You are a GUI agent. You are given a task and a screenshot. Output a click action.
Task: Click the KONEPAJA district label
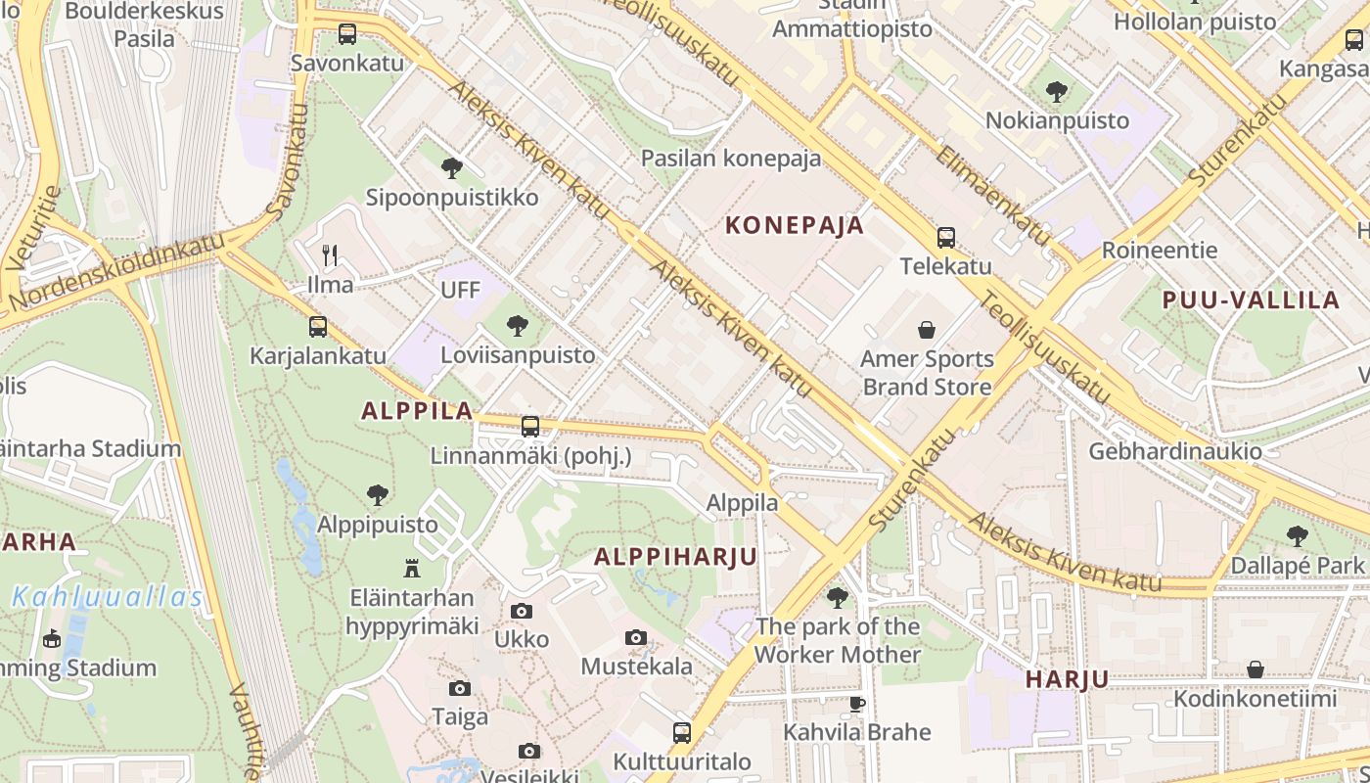click(795, 225)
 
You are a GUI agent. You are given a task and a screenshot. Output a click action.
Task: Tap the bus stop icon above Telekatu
click(945, 238)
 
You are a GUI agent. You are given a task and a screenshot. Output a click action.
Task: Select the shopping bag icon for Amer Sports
click(926, 331)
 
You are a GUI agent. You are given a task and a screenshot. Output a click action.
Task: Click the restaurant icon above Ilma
click(330, 255)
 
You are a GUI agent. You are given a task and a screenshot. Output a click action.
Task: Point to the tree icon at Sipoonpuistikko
click(451, 168)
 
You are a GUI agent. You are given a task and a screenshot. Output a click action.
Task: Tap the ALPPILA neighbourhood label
click(417, 411)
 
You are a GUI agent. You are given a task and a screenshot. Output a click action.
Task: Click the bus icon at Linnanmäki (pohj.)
click(529, 427)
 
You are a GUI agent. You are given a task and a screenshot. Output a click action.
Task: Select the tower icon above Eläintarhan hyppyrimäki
click(411, 568)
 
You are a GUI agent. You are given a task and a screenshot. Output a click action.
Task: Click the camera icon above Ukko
click(522, 612)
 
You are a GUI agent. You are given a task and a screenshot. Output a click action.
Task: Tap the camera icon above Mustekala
click(636, 638)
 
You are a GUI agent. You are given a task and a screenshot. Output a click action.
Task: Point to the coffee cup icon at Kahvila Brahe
click(857, 704)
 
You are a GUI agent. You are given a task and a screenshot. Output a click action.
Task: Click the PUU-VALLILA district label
click(1250, 300)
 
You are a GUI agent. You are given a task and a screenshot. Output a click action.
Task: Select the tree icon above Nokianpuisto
click(1056, 92)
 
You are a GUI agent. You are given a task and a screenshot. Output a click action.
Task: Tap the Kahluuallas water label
click(108, 597)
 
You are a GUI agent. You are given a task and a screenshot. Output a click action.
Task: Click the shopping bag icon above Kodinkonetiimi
click(1255, 670)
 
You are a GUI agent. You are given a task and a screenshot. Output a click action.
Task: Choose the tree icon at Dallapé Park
click(1297, 536)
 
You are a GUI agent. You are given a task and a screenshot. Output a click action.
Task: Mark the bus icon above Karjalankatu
click(318, 327)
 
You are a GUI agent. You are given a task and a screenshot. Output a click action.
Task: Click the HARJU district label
click(1067, 679)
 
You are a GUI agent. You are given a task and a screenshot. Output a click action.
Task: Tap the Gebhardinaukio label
click(1174, 451)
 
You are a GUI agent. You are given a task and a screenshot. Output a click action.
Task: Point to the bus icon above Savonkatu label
click(346, 34)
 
